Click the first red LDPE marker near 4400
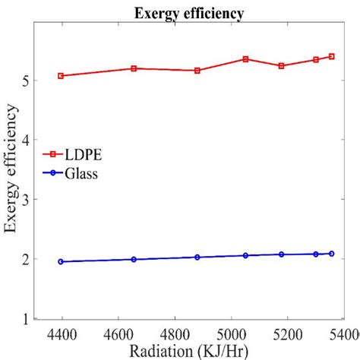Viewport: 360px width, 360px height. coord(61,76)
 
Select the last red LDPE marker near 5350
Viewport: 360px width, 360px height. coord(332,56)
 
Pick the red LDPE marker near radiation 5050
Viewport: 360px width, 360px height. coord(245,58)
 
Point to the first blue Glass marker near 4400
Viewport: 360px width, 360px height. coord(61,261)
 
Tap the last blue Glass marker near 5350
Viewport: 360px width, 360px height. coord(332,254)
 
